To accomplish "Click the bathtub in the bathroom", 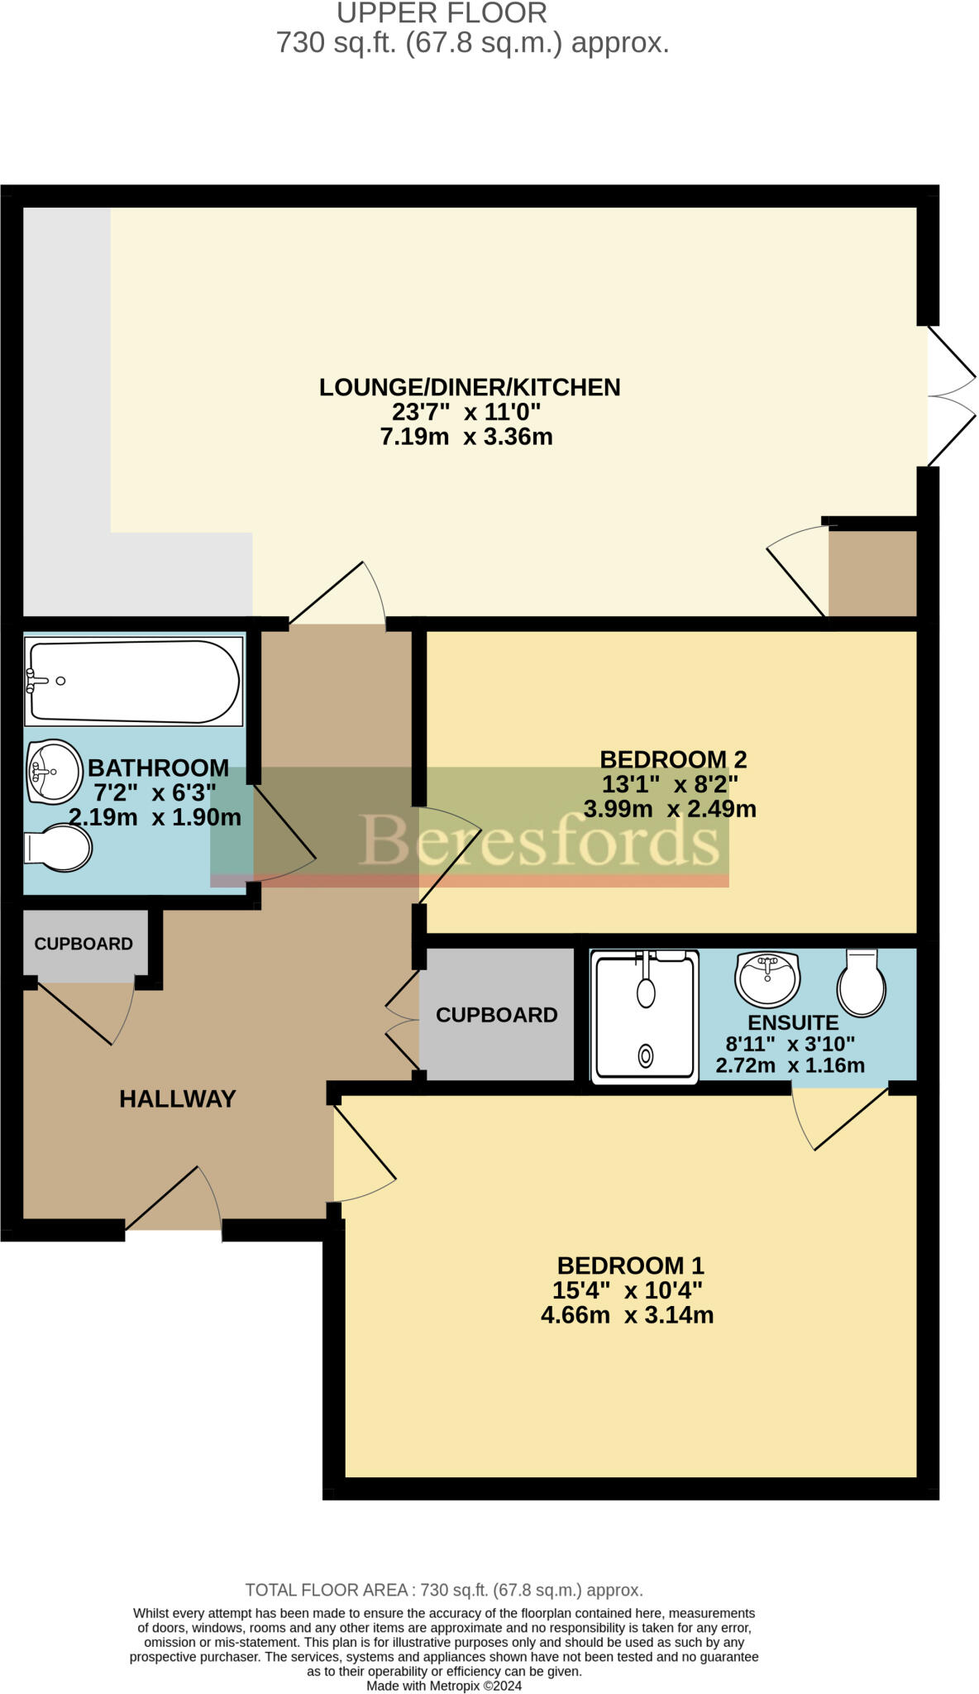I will tap(134, 682).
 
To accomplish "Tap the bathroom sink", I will tap(54, 771).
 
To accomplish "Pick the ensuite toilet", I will tap(861, 983).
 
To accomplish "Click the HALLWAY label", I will tap(178, 1098).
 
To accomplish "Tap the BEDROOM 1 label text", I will tap(630, 1266).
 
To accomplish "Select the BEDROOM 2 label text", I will tap(673, 759).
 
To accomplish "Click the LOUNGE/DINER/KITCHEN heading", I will tap(470, 387).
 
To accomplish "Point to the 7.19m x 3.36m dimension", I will tap(466, 437).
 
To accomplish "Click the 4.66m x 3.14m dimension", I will tap(627, 1315).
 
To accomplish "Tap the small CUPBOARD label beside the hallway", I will tap(84, 944).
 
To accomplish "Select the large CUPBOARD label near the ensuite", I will tap(496, 1015).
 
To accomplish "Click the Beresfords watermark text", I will tap(539, 840).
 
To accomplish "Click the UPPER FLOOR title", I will tap(442, 13).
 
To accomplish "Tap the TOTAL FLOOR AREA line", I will tap(444, 1590).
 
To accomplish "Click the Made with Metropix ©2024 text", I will tap(444, 1686).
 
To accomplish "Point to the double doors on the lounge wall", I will tap(951, 395).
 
